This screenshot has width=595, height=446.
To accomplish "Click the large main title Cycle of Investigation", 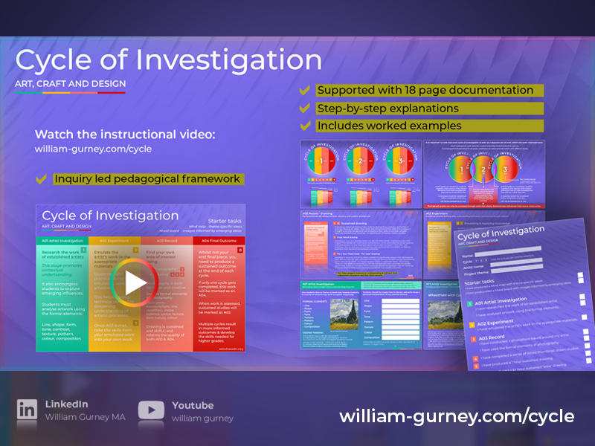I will point(169,59).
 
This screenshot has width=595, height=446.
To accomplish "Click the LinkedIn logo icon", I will point(28,410).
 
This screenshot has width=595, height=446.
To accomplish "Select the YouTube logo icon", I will point(151,410).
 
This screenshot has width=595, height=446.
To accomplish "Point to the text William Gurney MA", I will point(85,417).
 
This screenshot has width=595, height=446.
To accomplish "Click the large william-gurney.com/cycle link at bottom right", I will point(457,416).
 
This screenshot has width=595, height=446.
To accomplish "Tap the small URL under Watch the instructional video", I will point(93,149).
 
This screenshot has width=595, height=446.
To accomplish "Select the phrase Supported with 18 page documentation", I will point(425,90).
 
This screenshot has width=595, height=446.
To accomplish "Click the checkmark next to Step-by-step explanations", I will point(304,109).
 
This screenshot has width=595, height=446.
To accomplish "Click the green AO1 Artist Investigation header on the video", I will point(62,241).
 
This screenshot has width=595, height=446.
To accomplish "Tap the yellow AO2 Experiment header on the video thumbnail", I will point(114,241).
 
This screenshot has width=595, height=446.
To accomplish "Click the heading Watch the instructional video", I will point(125,135).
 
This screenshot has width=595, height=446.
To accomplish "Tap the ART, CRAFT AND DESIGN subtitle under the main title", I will point(71,84).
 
